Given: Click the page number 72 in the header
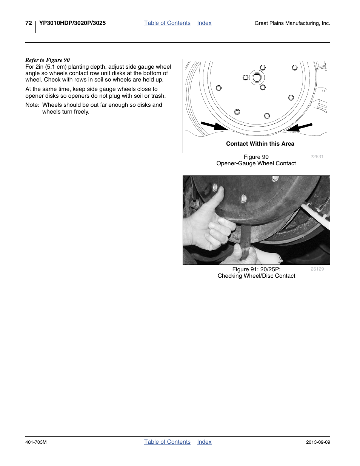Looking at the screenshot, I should [x=29, y=23].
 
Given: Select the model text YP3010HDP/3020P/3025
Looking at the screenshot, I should [x=72, y=23].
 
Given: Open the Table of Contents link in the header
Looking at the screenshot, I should [x=167, y=23].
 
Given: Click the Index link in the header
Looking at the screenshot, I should [x=204, y=23].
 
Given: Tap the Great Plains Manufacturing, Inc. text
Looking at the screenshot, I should [x=292, y=23].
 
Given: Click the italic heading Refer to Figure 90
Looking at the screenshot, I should [x=48, y=60].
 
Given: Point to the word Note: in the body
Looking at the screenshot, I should [x=32, y=105].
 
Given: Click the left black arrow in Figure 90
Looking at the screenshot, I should [x=214, y=126].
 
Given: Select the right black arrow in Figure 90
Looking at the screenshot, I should [x=299, y=127].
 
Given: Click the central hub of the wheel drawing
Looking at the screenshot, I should [x=257, y=78].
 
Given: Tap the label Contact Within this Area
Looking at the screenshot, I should [x=260, y=144].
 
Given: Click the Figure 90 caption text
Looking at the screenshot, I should [x=256, y=157].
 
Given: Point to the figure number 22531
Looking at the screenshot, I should [x=317, y=157].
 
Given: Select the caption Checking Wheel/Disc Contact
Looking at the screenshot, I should [x=256, y=276].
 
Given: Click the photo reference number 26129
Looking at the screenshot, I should [x=317, y=269].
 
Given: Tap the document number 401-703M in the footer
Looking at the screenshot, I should [x=36, y=442].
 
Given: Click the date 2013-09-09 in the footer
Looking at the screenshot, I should [x=318, y=442].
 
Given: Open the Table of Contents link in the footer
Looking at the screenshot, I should [x=167, y=442].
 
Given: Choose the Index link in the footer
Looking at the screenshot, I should [x=204, y=442].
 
